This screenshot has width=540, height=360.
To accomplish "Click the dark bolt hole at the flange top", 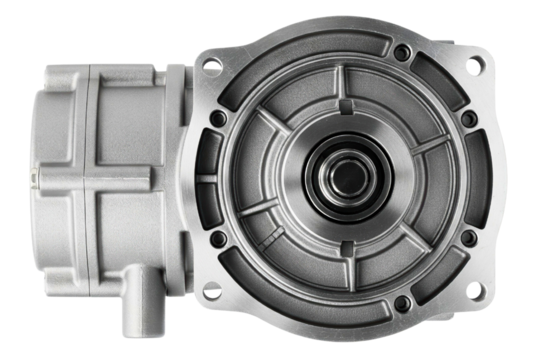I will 400,51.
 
